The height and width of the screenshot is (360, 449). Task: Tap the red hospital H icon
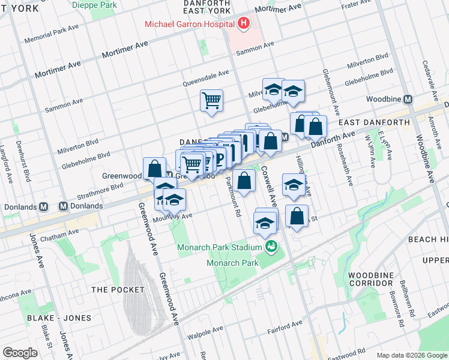pos(243,24)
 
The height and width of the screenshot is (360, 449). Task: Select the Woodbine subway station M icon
pos(408,99)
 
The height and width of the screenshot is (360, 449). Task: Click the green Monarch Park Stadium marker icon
pos(271,247)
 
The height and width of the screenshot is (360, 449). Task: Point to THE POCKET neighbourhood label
pos(118,290)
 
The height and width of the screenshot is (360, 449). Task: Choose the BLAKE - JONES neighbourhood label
pos(59,317)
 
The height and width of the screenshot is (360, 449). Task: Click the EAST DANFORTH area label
pos(374,122)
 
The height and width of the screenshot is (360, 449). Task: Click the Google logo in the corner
pos(20,352)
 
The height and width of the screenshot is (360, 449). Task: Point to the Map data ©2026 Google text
pos(411,355)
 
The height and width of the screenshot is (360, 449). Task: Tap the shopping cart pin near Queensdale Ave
pos(211,100)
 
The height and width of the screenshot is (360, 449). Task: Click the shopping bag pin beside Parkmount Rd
pos(244,181)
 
